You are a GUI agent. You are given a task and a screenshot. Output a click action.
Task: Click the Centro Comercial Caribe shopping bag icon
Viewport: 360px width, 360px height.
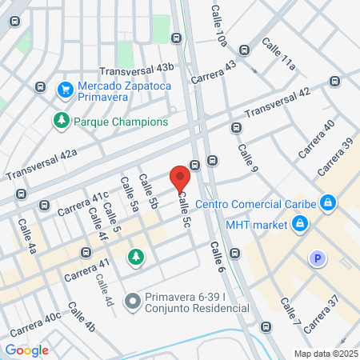326,203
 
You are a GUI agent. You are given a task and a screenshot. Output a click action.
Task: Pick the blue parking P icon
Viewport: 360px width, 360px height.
318,258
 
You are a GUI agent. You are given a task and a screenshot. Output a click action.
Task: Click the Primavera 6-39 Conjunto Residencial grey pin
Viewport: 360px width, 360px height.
134,301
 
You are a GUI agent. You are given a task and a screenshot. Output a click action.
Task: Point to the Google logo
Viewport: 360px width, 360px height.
26,350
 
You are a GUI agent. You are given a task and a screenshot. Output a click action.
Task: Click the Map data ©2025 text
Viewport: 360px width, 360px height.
324,354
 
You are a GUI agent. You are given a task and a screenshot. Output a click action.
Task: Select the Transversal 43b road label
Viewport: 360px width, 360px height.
136,70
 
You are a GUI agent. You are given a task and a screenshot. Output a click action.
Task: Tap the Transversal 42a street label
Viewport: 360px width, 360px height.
41,164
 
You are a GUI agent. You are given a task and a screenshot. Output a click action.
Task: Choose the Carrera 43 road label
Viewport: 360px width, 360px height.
214,71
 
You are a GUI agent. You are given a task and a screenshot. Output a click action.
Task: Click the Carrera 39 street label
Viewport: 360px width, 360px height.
334,158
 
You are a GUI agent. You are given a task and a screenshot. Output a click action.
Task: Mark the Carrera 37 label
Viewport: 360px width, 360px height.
322,310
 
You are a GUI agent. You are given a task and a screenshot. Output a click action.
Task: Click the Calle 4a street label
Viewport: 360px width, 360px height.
27,237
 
